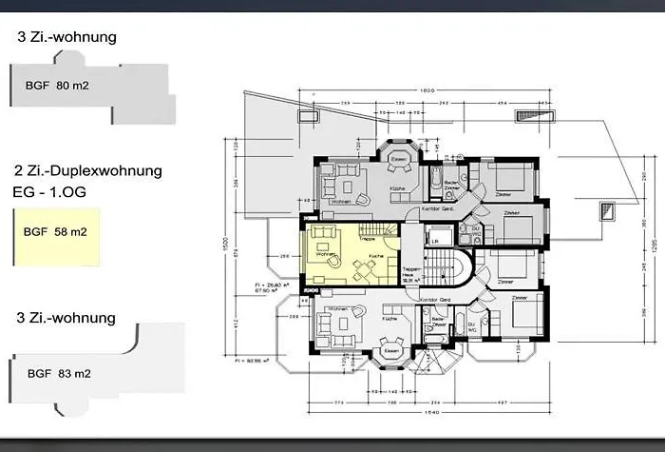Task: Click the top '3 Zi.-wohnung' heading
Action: point(66,38)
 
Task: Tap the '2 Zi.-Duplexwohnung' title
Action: point(88,171)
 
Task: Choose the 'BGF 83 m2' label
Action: point(59,374)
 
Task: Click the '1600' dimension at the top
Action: point(427,89)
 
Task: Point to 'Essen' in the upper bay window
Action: point(400,157)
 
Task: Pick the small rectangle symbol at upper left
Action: point(308,116)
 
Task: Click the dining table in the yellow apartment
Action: point(364,271)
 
